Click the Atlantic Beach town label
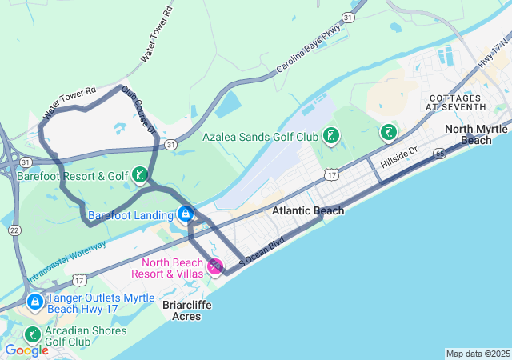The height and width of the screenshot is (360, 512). tap(308, 211)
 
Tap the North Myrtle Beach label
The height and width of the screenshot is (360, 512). tap(476, 134)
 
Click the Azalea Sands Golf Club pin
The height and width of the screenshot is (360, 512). tap(330, 136)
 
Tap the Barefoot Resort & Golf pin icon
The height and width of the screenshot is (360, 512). tap(140, 175)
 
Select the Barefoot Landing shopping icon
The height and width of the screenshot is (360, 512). tap(186, 214)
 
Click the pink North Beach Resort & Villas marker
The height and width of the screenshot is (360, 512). tap(215, 266)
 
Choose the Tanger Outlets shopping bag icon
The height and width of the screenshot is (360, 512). tap(35, 302)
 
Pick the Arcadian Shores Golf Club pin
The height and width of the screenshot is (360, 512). tap(33, 334)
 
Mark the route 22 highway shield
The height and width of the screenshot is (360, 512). tap(15, 230)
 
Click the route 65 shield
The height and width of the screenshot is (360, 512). tap(439, 153)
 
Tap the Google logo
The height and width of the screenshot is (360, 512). tap(26, 350)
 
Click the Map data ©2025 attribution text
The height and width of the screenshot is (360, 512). tap(478, 354)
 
